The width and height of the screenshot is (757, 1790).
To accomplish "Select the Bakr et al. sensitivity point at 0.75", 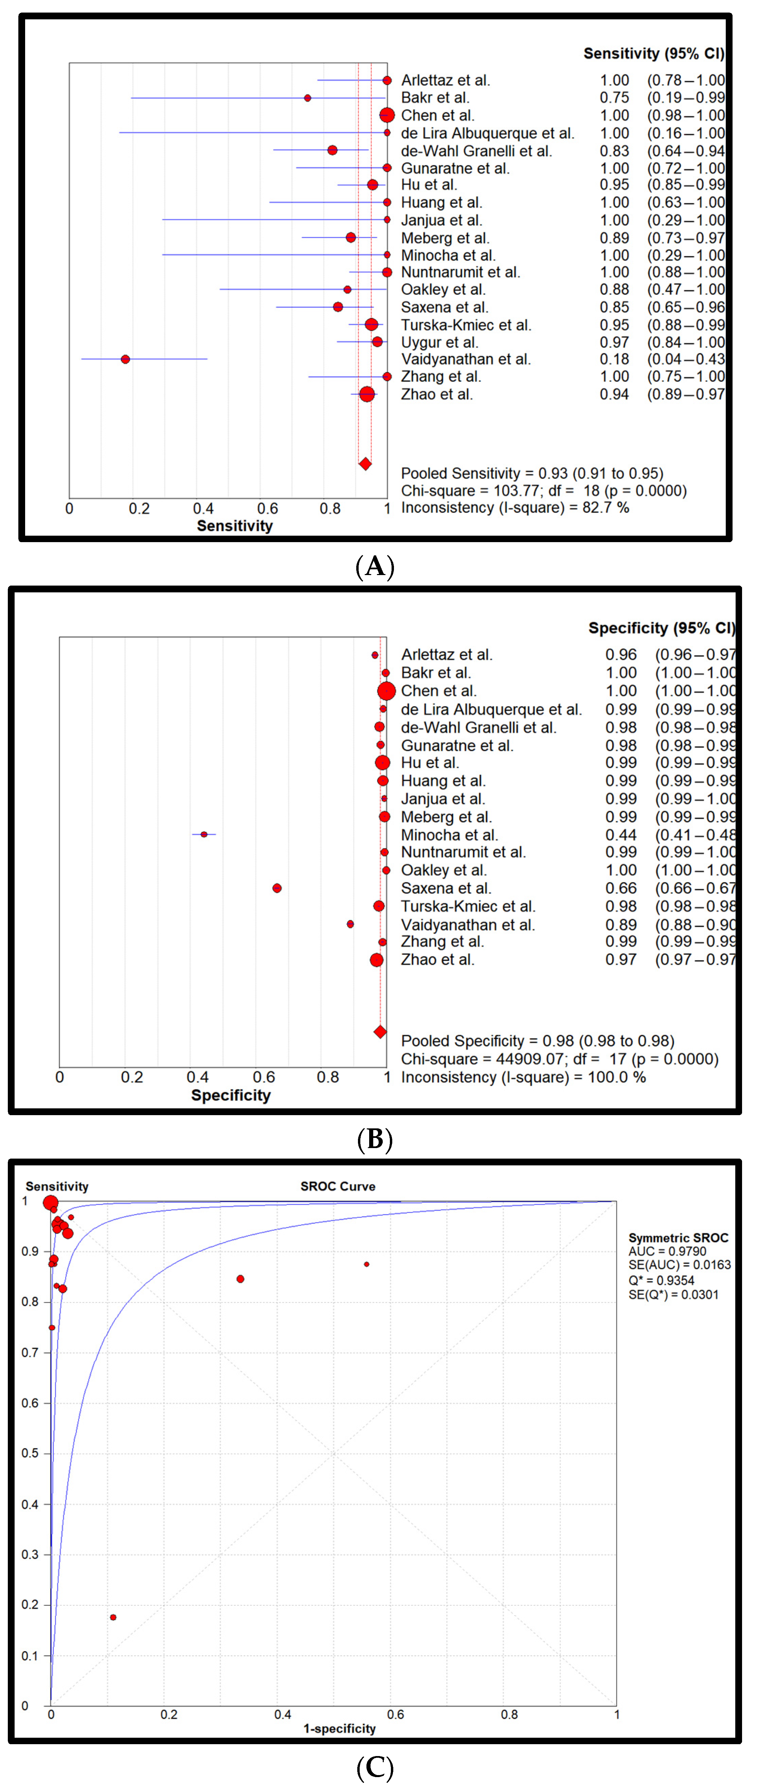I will (x=307, y=98).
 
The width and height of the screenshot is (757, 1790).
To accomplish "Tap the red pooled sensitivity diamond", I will (x=365, y=463).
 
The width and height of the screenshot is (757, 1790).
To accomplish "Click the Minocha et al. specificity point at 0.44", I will (x=204, y=834).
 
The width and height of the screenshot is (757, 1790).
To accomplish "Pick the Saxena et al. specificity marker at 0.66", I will (x=277, y=888).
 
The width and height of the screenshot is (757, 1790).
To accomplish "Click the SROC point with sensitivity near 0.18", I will (x=113, y=1617).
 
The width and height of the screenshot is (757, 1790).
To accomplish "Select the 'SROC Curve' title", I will (x=338, y=1186).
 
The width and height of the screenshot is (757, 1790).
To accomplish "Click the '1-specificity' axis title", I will (x=339, y=1728).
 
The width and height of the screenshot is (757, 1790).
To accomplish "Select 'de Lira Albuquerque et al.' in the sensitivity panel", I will (x=487, y=133).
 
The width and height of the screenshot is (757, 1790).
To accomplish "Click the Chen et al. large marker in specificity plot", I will (x=386, y=691).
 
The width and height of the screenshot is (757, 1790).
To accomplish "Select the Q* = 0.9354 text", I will (x=661, y=1280).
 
